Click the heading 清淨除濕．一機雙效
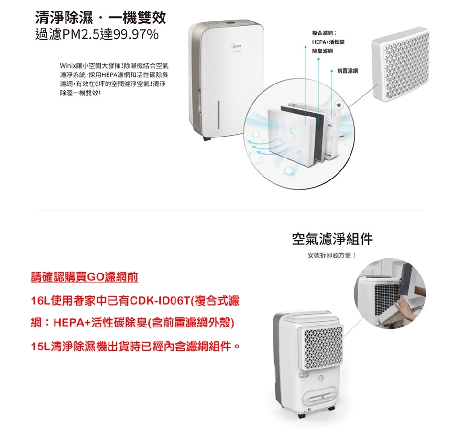(x=101, y=18)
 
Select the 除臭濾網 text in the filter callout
(x=322, y=51)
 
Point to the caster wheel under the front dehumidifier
(x=207, y=139)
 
